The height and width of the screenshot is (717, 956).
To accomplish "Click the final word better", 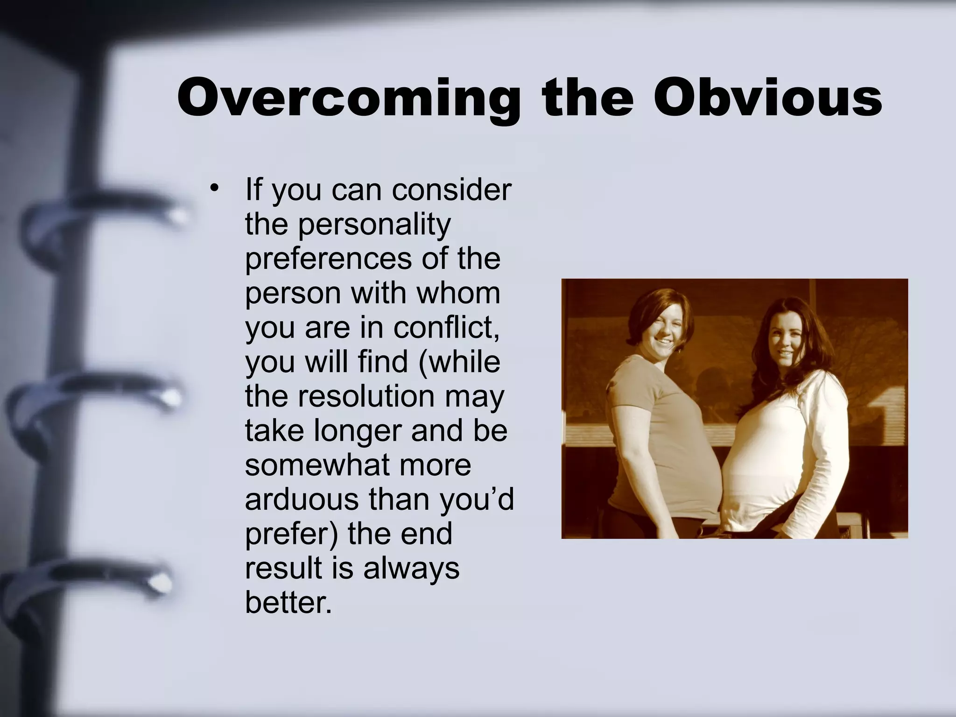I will click(x=288, y=603).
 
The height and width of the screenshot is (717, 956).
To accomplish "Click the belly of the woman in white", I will click(x=756, y=485).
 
